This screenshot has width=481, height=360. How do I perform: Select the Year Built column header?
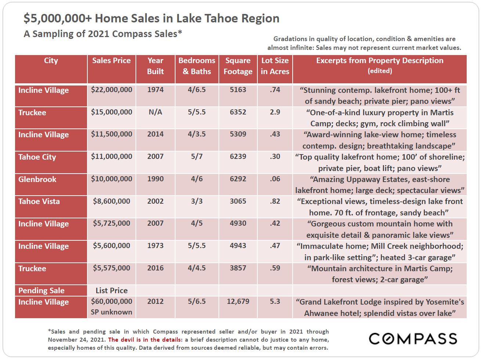point(155,66)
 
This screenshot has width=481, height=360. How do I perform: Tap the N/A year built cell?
point(155,112)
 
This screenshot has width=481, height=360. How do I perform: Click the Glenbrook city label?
point(37,179)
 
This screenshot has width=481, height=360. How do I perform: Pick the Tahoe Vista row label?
point(39,201)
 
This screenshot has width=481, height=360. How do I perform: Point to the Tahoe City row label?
point(37,157)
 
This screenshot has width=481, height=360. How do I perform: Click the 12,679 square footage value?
point(238,302)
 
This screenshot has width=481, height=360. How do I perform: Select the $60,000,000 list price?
point(112,302)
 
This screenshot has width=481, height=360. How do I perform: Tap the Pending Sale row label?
point(41,291)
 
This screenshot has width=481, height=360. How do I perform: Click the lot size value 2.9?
point(275,112)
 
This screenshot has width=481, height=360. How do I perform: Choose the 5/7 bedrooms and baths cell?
point(197,157)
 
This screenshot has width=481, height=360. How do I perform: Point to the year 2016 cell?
point(155,268)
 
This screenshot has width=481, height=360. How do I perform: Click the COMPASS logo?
point(413,339)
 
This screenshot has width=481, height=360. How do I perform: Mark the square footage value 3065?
point(238,201)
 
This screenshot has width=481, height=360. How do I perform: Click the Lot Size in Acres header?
point(275,66)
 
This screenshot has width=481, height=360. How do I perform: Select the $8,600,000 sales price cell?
point(112,201)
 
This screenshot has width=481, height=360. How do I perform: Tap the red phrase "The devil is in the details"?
point(145,340)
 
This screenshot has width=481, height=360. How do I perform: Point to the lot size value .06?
point(275,179)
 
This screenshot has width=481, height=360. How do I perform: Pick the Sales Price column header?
point(112,61)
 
